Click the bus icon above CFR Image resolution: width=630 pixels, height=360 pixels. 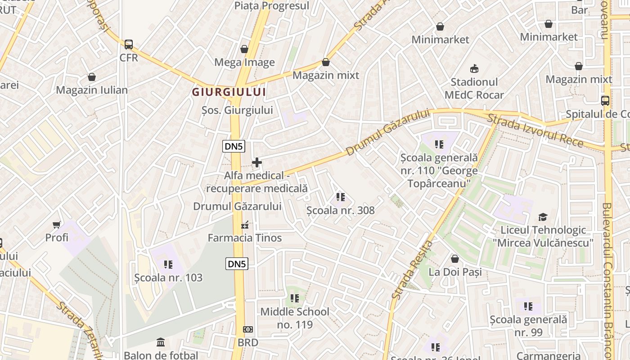pyautogui.click(x=129, y=45)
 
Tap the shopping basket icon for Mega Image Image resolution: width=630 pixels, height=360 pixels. pyautogui.click(x=244, y=49)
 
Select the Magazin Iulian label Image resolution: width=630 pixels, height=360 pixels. pyautogui.click(x=92, y=90)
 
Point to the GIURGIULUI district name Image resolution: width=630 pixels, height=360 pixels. pyautogui.click(x=229, y=92)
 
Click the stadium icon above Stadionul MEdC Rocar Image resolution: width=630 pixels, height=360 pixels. pyautogui.click(x=474, y=69)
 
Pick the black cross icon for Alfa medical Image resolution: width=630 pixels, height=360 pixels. pyautogui.click(x=257, y=162)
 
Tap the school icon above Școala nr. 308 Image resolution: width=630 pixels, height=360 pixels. pyautogui.click(x=340, y=197)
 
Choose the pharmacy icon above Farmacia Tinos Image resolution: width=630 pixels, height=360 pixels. pyautogui.click(x=245, y=225)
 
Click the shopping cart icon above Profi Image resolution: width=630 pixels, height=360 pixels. pyautogui.click(x=57, y=224)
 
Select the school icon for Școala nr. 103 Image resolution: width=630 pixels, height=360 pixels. pyautogui.click(x=168, y=265)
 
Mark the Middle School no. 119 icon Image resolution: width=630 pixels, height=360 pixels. pyautogui.click(x=295, y=298)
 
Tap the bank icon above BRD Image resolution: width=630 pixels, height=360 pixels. pyautogui.click(x=248, y=329)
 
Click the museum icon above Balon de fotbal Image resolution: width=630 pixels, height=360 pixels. pyautogui.click(x=161, y=342)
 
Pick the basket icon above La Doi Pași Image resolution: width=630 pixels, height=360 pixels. pyautogui.click(x=455, y=259)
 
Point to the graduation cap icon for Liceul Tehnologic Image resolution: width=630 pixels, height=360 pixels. pyautogui.click(x=543, y=217)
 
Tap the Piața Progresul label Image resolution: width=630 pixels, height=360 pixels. pyautogui.click(x=272, y=6)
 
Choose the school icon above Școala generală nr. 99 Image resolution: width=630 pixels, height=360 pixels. pyautogui.click(x=528, y=307)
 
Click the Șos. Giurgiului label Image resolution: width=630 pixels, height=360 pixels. pyautogui.click(x=237, y=110)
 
